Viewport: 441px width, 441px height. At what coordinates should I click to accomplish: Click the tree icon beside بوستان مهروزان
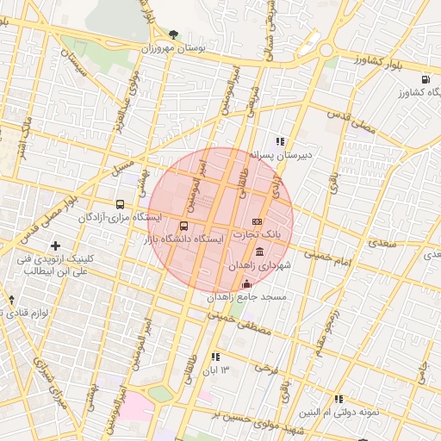tap(174, 34)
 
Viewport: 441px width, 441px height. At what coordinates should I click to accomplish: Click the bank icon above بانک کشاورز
tap(425, 79)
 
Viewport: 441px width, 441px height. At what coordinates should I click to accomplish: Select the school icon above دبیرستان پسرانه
tap(280, 141)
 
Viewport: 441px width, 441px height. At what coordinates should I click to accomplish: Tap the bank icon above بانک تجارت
tap(257, 221)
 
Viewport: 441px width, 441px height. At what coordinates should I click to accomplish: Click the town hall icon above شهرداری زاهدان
tap(260, 252)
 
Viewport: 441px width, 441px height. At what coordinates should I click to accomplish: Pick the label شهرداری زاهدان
tap(260, 267)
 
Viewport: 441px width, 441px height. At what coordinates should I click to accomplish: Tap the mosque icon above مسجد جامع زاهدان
tap(247, 284)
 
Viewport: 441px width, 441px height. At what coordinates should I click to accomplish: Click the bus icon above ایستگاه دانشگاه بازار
tap(183, 226)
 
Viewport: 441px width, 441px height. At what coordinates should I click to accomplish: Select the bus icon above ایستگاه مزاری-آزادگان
tap(119, 204)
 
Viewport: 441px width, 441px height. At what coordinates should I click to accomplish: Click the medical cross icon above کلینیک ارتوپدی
tap(56, 246)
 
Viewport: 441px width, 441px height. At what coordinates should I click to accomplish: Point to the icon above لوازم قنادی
tap(11, 300)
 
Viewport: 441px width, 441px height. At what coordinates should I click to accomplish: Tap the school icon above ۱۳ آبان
tap(214, 356)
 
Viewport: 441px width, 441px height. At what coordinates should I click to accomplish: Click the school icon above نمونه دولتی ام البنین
tap(339, 399)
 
